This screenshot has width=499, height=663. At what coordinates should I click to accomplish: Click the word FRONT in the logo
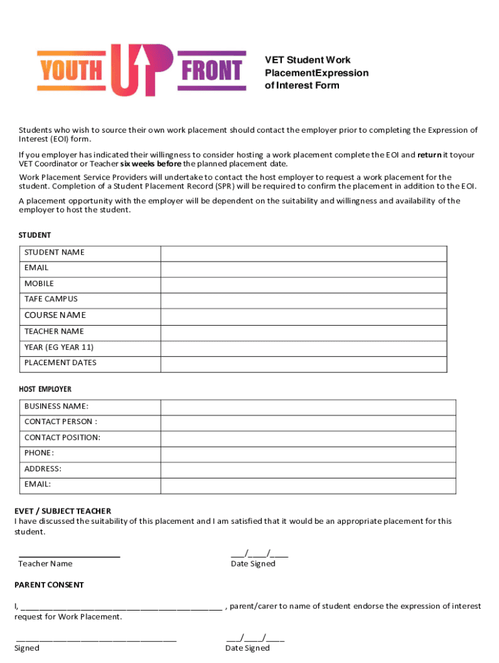click(213, 71)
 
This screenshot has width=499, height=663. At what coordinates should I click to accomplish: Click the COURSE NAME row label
click(55, 315)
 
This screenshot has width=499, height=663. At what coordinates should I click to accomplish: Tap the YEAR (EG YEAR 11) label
click(59, 347)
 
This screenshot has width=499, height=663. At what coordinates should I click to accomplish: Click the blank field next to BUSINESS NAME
click(308, 407)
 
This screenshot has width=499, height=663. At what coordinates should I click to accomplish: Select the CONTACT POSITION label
click(62, 438)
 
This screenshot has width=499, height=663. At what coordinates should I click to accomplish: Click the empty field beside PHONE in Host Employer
click(308, 453)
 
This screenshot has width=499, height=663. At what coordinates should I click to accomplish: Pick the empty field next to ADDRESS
click(308, 469)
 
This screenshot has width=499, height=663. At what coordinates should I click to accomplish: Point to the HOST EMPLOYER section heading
click(45, 389)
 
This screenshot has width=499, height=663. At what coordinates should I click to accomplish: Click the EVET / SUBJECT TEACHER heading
click(63, 511)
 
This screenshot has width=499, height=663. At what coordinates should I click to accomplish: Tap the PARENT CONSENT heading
click(49, 585)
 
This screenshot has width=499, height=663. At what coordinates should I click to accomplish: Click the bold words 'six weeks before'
click(150, 164)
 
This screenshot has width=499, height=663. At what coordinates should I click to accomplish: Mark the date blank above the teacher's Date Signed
click(259, 554)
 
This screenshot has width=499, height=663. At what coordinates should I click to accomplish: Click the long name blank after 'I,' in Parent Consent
click(121, 607)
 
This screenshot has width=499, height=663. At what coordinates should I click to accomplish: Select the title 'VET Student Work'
click(308, 60)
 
